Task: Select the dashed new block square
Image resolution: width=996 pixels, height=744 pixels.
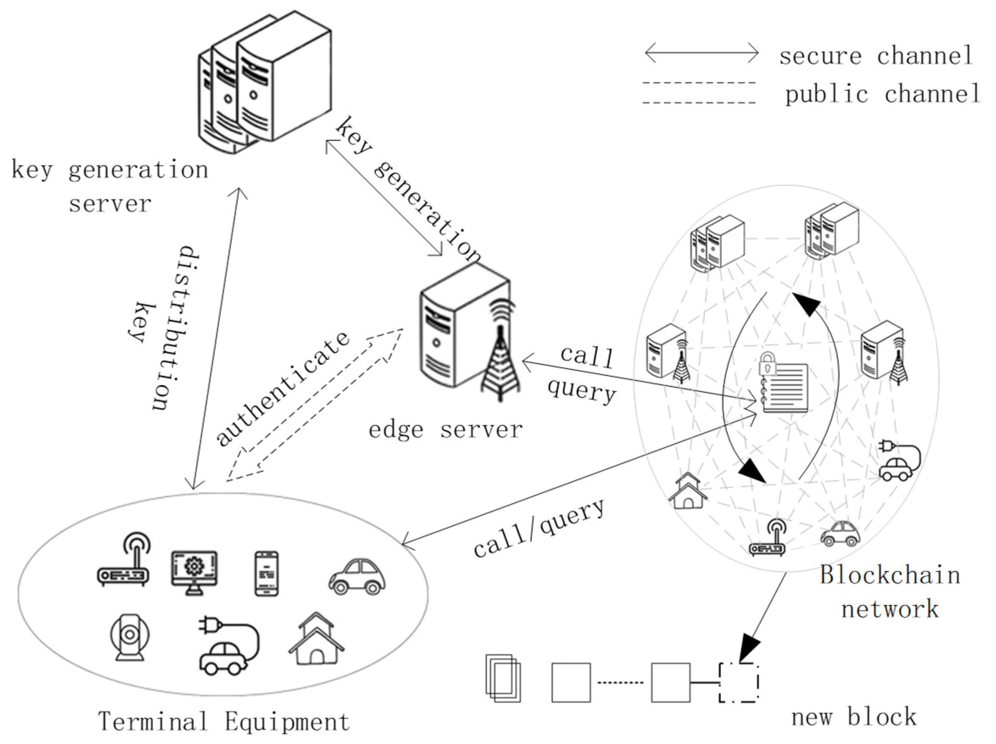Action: (x=738, y=682)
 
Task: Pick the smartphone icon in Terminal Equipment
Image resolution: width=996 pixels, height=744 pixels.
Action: (x=267, y=573)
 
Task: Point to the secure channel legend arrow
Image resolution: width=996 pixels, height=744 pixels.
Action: (x=701, y=53)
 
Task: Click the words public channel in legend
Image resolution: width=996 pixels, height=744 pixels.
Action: (x=882, y=94)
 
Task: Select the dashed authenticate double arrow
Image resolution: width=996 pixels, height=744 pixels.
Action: (x=315, y=405)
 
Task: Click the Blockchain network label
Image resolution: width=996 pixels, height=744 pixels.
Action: (x=889, y=592)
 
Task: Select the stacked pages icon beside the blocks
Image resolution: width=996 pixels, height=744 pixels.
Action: (x=503, y=678)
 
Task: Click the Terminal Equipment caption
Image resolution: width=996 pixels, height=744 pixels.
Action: (x=224, y=721)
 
